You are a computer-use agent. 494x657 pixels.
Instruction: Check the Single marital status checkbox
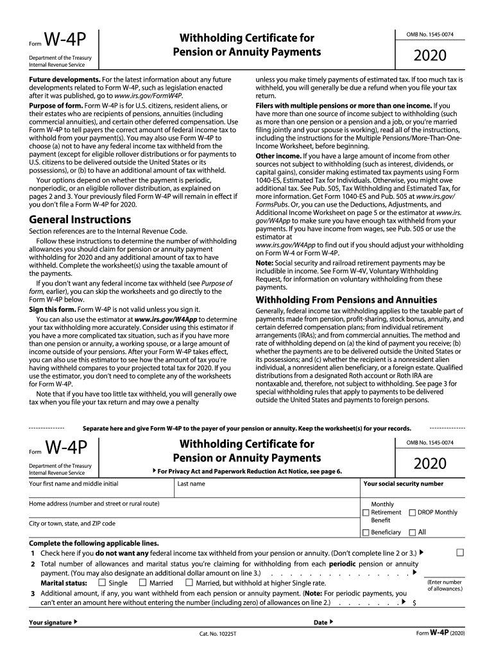(x=102, y=583)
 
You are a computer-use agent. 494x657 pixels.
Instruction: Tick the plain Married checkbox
(x=142, y=583)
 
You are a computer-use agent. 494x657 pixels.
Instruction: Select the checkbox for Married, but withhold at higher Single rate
(x=189, y=583)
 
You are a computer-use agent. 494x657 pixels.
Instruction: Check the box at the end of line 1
(x=459, y=552)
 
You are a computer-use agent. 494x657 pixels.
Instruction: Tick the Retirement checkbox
(x=366, y=513)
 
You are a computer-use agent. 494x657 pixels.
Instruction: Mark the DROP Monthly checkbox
(x=413, y=513)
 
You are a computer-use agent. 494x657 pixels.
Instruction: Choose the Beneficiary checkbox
(x=366, y=533)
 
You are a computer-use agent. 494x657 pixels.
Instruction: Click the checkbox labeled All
(x=413, y=533)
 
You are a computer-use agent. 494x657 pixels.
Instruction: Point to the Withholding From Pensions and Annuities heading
(x=346, y=300)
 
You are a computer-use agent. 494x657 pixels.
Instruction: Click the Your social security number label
(x=403, y=484)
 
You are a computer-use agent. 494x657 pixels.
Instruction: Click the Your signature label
(x=50, y=622)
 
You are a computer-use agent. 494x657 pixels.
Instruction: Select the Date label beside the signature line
(x=321, y=622)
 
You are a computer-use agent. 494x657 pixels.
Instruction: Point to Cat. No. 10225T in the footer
(x=218, y=635)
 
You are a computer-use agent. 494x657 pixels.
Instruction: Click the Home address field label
(x=94, y=504)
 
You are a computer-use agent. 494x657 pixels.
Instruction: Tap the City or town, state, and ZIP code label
(x=72, y=524)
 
